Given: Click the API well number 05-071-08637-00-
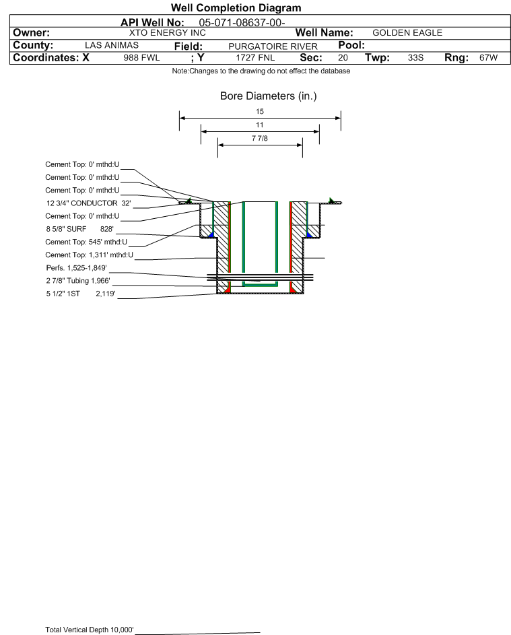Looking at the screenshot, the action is coord(242,23).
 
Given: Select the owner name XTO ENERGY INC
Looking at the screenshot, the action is coord(167,33).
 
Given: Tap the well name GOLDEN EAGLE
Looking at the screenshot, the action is coord(407,33).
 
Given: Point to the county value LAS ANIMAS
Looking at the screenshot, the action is coord(112,45).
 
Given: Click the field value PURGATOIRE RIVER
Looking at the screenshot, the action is coord(273,46).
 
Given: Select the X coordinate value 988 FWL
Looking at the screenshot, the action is coord(141,57).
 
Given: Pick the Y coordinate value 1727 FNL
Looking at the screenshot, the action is coord(255,57).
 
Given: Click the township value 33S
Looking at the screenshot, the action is coord(415,57).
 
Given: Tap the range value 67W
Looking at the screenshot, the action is coord(488,57).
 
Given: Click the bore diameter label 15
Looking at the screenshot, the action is coord(260,111).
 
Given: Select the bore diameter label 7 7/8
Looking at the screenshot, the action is coord(260,139).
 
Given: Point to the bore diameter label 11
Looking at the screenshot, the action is coord(260,125).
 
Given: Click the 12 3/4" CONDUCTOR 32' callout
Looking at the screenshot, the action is coord(89,203).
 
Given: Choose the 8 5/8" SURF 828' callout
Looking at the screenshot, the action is coord(79,229).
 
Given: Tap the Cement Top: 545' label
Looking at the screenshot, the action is coord(86,242).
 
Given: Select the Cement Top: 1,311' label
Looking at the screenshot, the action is coord(89,255).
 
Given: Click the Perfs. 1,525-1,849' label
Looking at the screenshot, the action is coord(77,268).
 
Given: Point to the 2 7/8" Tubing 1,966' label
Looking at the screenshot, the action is coord(78,281).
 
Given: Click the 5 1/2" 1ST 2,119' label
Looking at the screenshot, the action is coord(81,294).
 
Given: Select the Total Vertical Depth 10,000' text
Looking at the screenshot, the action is coord(90,630).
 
